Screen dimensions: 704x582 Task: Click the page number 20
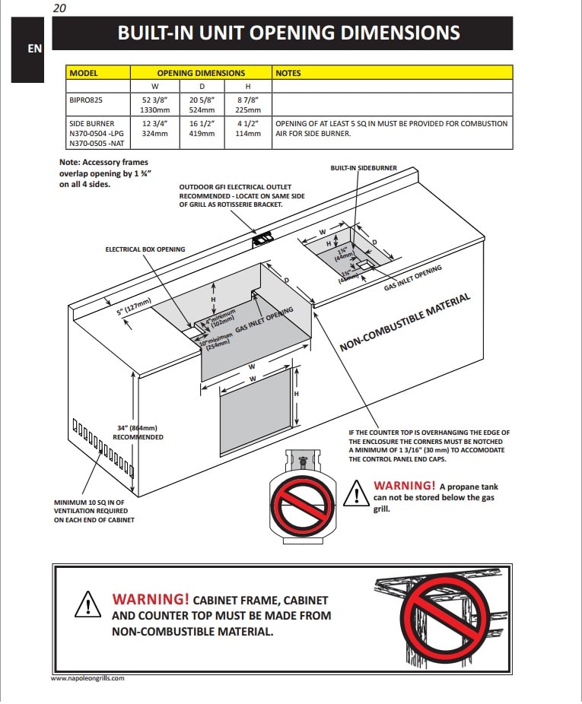[60, 8]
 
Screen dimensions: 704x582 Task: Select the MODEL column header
[84, 73]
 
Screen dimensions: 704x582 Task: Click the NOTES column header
[288, 73]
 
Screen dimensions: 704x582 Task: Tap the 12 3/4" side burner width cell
[155, 123]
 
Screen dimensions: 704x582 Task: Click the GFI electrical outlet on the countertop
[263, 239]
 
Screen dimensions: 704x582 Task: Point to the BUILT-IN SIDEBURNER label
[364, 168]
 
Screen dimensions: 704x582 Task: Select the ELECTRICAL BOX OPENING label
[145, 249]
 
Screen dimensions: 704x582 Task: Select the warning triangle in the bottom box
[88, 604]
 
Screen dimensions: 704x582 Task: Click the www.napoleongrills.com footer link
[87, 678]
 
